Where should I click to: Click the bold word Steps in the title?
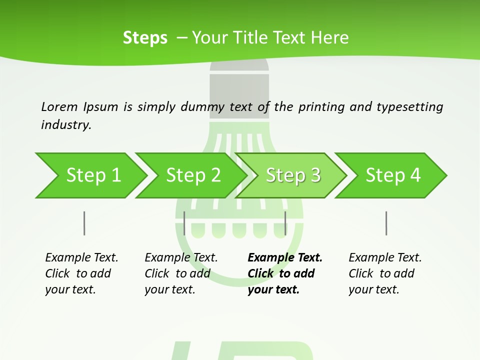tap(145, 38)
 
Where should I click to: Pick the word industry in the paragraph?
tap(66, 124)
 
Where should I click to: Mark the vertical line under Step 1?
tap(84, 223)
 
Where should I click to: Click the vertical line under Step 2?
tap(184, 223)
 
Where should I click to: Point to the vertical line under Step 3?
tap(285, 223)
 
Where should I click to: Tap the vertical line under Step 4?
tap(386, 223)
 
